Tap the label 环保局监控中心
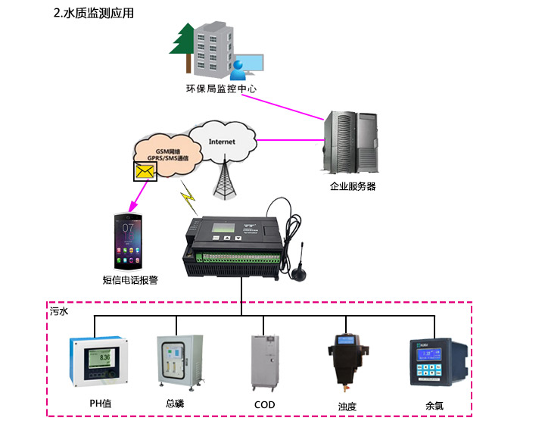click(221, 89)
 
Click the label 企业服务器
click(353, 185)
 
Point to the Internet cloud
click(222, 142)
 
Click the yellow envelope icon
click(144, 172)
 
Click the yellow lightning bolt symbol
click(188, 201)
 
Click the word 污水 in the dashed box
click(58, 311)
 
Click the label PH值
click(101, 404)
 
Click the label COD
click(264, 404)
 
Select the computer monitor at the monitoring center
click(251, 64)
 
